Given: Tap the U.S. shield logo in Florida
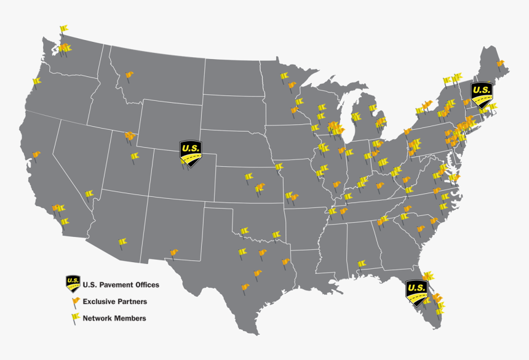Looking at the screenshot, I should click(416, 290).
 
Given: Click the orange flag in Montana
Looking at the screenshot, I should click(129, 76).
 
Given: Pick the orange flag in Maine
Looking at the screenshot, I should click(500, 63).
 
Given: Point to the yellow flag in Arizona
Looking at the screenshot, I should click(122, 242).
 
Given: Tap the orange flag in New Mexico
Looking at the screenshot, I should click(173, 252).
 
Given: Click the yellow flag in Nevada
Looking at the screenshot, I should click(89, 194).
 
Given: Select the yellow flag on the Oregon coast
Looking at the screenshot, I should click(36, 82).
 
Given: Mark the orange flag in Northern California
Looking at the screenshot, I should click(36, 154).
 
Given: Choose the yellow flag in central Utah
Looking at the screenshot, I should click(135, 157).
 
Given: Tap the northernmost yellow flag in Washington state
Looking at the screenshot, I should click(63, 29).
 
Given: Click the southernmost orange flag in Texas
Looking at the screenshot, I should click(245, 287).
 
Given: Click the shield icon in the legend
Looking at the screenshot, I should click(73, 284).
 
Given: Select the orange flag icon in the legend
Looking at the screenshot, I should click(76, 302).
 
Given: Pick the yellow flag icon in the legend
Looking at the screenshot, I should click(76, 318).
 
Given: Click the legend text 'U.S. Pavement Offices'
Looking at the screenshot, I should click(121, 285).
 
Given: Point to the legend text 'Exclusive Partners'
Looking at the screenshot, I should click(114, 302).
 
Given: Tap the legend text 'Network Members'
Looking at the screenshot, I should click(114, 318).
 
